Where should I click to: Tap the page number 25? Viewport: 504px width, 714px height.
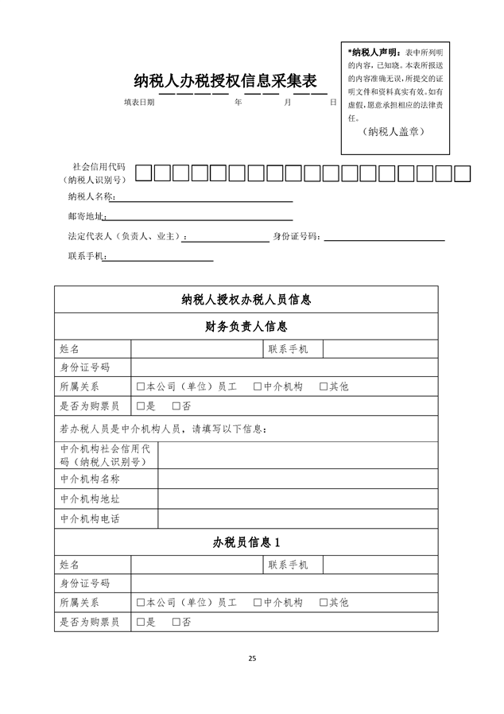(x=252, y=658)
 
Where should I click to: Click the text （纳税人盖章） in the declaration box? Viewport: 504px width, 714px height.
(x=391, y=131)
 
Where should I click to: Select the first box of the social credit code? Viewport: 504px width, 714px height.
(x=143, y=172)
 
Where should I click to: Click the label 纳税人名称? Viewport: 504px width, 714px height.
(x=91, y=196)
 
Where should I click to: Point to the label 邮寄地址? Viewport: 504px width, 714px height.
(x=87, y=216)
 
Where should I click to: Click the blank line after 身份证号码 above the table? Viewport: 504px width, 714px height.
(x=383, y=236)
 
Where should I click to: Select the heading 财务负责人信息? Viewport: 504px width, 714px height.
(x=246, y=326)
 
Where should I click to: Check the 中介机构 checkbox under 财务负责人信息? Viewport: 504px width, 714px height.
(x=258, y=386)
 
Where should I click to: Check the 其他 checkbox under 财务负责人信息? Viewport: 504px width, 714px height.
(x=324, y=386)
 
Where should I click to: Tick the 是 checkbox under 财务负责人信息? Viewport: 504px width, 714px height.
(x=140, y=406)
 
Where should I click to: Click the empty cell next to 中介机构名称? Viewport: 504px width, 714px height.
(x=297, y=479)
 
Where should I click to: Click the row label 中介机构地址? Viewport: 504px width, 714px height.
(x=90, y=499)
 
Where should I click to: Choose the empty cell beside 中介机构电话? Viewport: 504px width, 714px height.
(x=297, y=518)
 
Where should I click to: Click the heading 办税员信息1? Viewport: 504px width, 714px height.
(x=246, y=542)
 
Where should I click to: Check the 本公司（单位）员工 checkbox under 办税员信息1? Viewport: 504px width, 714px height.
(x=140, y=603)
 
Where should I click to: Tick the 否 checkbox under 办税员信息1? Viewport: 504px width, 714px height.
(x=176, y=623)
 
